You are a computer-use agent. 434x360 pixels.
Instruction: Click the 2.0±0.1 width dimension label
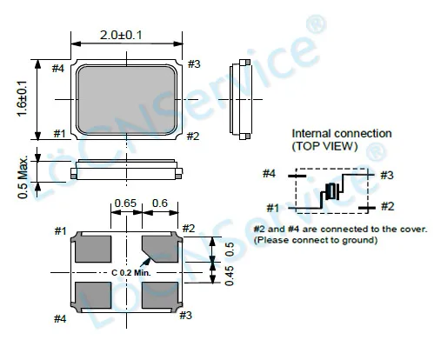121,36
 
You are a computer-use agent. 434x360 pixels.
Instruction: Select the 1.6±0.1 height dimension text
23,99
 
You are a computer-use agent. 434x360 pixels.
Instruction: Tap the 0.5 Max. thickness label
23,177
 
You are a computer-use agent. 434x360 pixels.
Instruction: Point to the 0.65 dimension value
125,203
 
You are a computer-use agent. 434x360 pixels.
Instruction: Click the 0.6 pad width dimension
160,203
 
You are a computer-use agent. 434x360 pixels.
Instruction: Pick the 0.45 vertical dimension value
230,276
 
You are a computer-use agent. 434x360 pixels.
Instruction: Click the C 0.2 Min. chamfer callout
131,273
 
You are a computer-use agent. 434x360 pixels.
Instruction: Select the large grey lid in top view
126,100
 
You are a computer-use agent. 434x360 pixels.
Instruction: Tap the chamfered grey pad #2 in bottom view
160,249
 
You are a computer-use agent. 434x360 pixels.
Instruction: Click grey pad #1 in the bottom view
93,249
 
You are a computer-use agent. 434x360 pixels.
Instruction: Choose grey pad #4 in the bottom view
93,295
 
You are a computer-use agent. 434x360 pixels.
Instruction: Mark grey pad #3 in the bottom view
160,295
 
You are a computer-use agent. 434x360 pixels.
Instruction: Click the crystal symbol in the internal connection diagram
332,191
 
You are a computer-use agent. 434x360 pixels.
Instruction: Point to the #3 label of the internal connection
387,175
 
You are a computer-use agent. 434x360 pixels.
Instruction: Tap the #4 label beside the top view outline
58,69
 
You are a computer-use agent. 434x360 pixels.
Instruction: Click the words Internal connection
342,134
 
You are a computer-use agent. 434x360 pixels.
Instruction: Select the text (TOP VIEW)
324,146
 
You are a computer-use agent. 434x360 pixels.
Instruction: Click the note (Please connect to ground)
316,240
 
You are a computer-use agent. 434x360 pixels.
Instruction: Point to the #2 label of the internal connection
388,206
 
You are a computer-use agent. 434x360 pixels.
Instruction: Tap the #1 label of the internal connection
273,208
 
